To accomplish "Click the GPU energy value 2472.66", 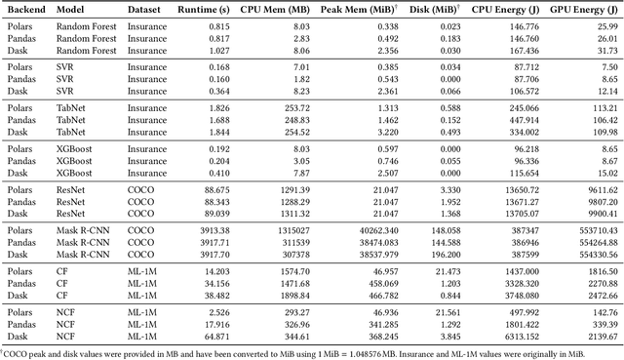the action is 598,292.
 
